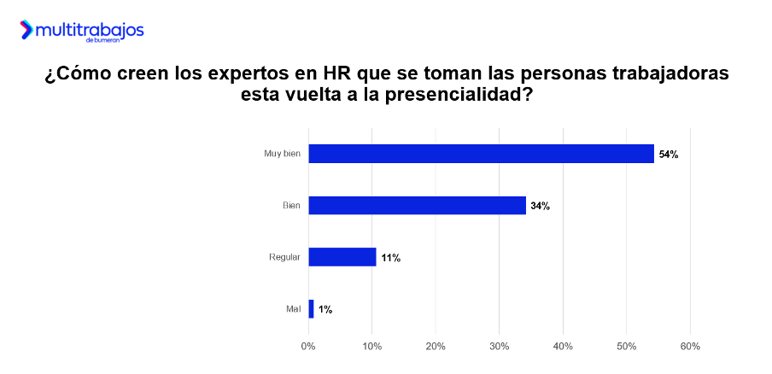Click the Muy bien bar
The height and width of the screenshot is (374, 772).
pos(481,154)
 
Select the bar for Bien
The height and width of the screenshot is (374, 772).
pos(417,205)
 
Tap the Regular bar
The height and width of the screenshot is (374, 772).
pos(342,257)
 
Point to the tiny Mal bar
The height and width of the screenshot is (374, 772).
pos(311,309)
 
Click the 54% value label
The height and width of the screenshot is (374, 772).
pos(669,155)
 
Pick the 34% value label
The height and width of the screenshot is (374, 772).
pos(540,206)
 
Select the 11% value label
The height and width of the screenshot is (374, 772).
pos(391,258)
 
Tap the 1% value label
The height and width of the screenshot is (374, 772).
pos(325,310)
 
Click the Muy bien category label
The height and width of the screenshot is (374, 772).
pos(282,155)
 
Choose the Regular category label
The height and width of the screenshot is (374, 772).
pos(284,257)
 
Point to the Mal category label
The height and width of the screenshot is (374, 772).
pos(293,309)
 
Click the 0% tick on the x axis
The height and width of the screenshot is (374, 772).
pos(308,346)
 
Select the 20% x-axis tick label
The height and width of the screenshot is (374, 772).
pos(436,346)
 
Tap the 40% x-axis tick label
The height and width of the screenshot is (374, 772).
pos(563,346)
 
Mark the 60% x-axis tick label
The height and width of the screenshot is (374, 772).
pos(690,346)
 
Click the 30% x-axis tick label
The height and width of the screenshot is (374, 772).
pos(500,346)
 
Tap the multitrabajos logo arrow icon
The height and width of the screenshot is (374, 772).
pos(26,31)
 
